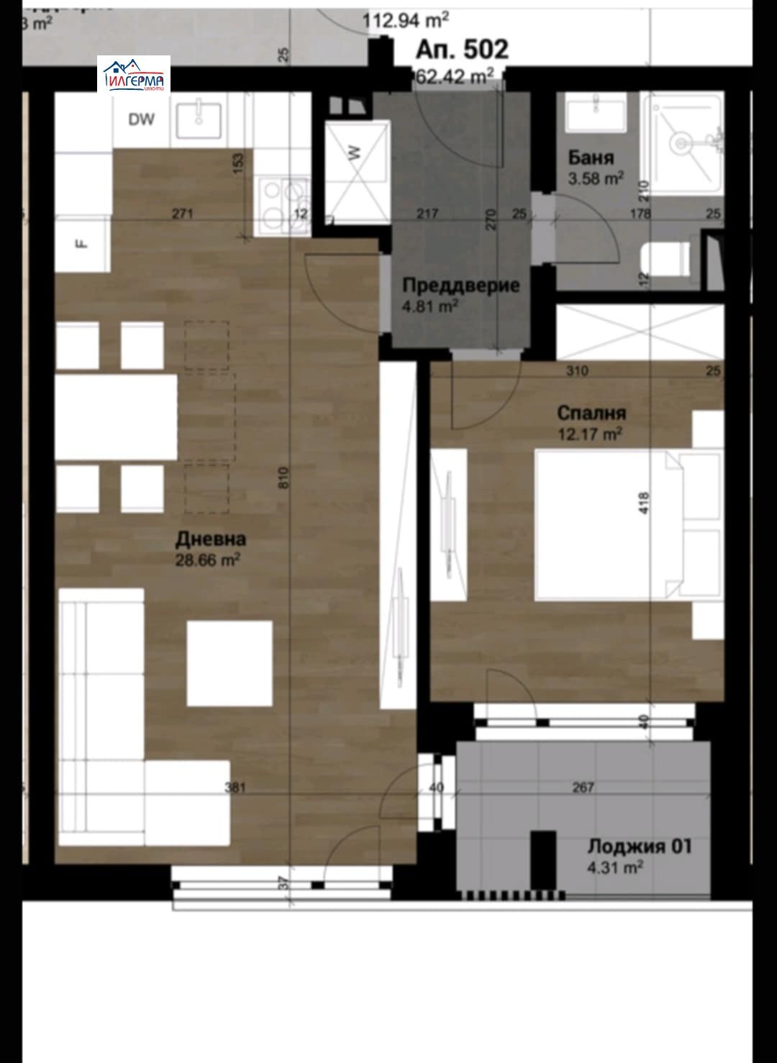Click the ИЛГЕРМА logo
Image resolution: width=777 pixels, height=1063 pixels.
(134, 74)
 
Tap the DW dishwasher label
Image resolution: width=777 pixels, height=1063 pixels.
(142, 120)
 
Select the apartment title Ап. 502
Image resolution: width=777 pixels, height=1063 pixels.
(462, 50)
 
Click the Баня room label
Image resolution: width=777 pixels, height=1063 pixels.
(591, 158)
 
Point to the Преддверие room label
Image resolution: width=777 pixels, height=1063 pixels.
(460, 285)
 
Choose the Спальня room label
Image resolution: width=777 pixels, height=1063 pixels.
(591, 413)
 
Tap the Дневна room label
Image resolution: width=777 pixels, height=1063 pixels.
(211, 539)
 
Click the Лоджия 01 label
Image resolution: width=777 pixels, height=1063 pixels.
(639, 846)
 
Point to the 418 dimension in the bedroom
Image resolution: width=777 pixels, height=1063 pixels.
(643, 502)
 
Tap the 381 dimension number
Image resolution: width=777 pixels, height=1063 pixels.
(235, 788)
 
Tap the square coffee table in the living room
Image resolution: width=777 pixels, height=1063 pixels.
(230, 663)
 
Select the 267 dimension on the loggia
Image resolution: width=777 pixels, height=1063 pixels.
(583, 788)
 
